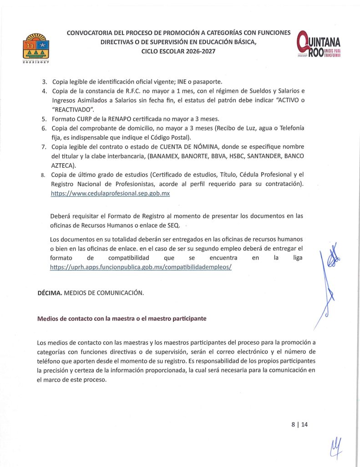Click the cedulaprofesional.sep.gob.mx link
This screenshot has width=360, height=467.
pyautogui.click(x=111, y=193)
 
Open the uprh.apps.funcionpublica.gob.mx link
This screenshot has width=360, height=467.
pyautogui.click(x=141, y=267)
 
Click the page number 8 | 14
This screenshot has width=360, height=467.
pyautogui.click(x=299, y=424)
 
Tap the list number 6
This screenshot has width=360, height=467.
pyautogui.click(x=45, y=128)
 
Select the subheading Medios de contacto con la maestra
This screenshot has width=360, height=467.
pyautogui.click(x=122, y=319)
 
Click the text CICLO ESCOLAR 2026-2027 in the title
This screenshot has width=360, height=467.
pyautogui.click(x=178, y=51)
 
